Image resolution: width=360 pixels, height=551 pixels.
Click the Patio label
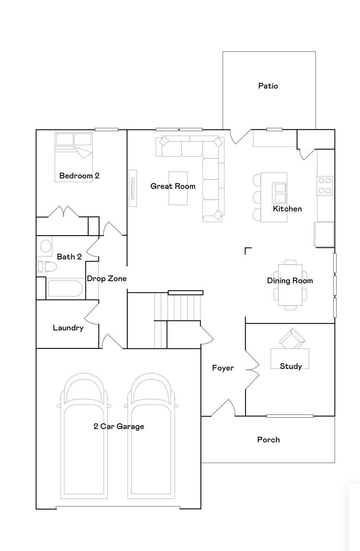pos(268,86)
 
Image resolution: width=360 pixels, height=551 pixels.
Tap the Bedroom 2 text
pos(79,176)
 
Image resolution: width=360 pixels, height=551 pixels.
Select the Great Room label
pos(173,186)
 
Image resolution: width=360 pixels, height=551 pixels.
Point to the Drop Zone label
pos(106,279)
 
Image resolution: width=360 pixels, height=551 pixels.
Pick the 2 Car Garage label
pos(119,427)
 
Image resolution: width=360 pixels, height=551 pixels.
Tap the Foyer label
pos(223,368)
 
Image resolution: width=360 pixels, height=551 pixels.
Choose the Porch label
pos(269,440)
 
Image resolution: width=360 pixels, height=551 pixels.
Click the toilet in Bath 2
pos(47,267)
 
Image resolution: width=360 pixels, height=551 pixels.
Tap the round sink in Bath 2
pos(46,246)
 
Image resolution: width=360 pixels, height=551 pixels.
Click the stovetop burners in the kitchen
pos(325,186)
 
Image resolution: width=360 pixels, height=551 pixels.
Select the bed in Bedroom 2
pos(74,157)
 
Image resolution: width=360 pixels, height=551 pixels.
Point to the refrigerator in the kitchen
pos(324,234)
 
